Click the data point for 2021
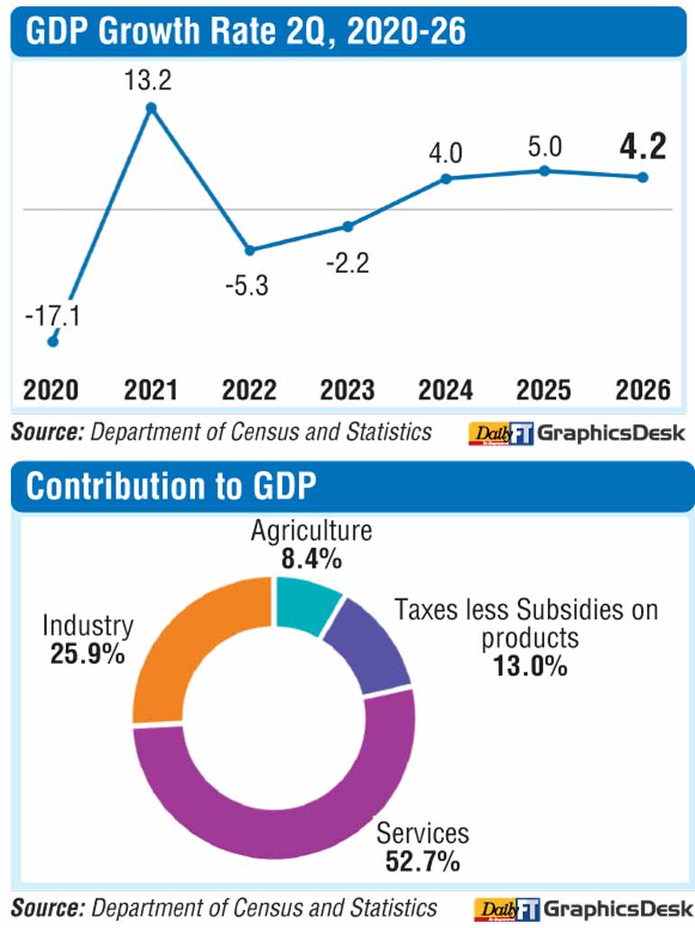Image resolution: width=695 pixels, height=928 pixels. pos(151,107)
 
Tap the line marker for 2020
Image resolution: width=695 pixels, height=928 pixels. pos(52,341)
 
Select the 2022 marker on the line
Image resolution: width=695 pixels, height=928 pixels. pos(250,250)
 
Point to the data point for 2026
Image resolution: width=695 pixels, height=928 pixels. pos(643,177)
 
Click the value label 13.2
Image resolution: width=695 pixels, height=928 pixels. pos(148,80)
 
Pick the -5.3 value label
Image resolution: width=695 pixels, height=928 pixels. pos(247,285)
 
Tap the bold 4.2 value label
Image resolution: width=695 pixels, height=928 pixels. pos(643,146)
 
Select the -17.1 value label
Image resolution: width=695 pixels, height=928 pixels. pos(52,315)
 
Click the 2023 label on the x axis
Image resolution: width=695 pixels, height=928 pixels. pos(347,390)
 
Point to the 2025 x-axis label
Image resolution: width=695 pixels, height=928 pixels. pos(543,390)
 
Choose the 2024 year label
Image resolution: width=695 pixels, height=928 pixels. pos(446,390)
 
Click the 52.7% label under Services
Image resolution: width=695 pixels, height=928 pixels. pos(422,861)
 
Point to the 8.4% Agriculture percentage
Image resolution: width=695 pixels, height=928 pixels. pos(311,558)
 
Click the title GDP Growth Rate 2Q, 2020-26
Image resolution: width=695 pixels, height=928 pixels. pos(246,31)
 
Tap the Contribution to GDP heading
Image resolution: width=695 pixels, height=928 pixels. pos(171,486)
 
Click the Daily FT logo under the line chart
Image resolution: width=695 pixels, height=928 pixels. pos(501,433)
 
